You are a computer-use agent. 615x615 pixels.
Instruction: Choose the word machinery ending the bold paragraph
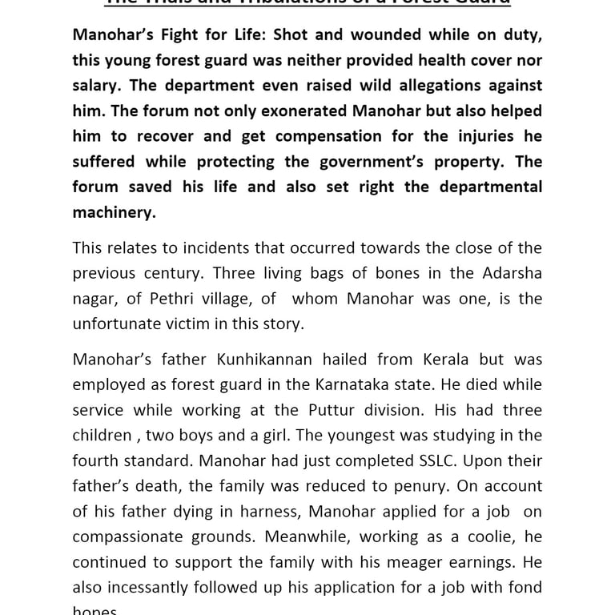(113, 213)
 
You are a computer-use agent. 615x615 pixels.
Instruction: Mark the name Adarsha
(512, 273)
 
